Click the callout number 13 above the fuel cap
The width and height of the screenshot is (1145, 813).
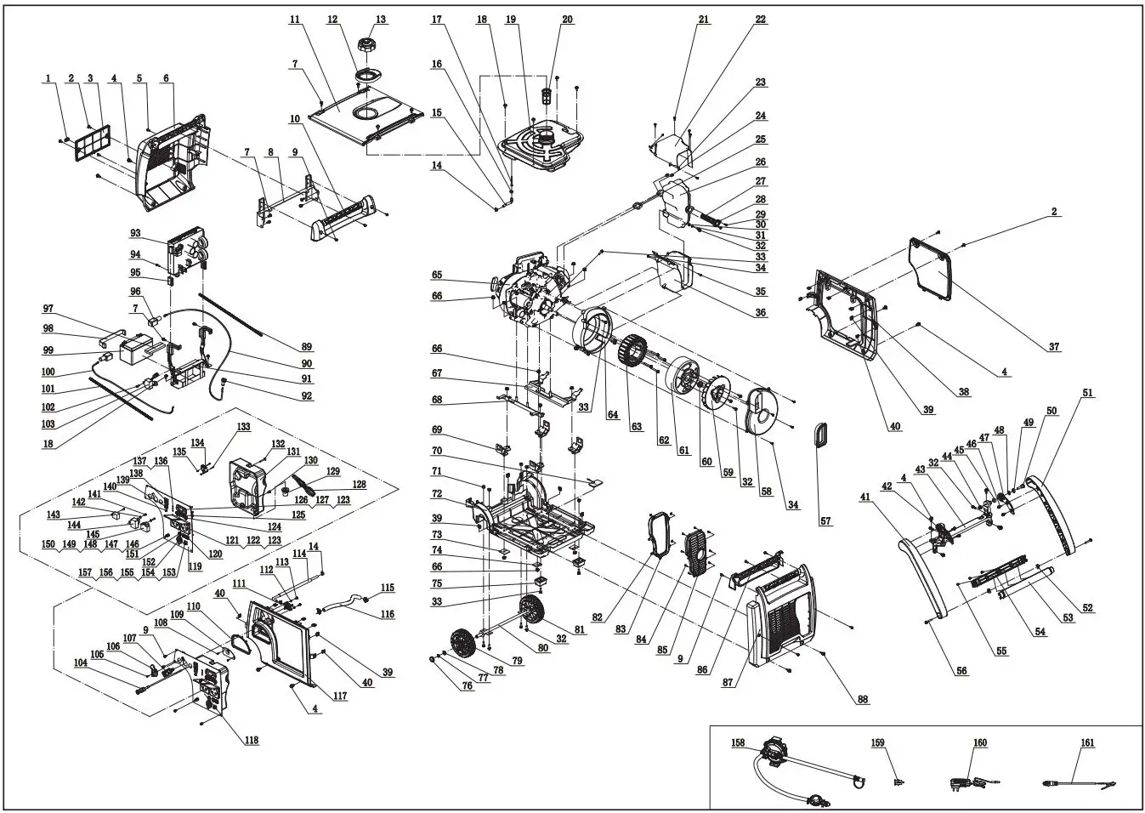pyautogui.click(x=380, y=20)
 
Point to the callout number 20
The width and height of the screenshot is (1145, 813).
pyautogui.click(x=567, y=20)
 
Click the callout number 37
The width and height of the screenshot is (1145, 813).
pyautogui.click(x=1054, y=346)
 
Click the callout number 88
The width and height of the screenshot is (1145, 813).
pyautogui.click(x=863, y=700)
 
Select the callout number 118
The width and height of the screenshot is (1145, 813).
pyautogui.click(x=252, y=740)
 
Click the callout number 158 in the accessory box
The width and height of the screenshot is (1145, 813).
pyautogui.click(x=738, y=742)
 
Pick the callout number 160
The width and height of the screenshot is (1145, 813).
pyautogui.click(x=980, y=742)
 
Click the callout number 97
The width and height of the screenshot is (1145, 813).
pyautogui.click(x=48, y=308)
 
